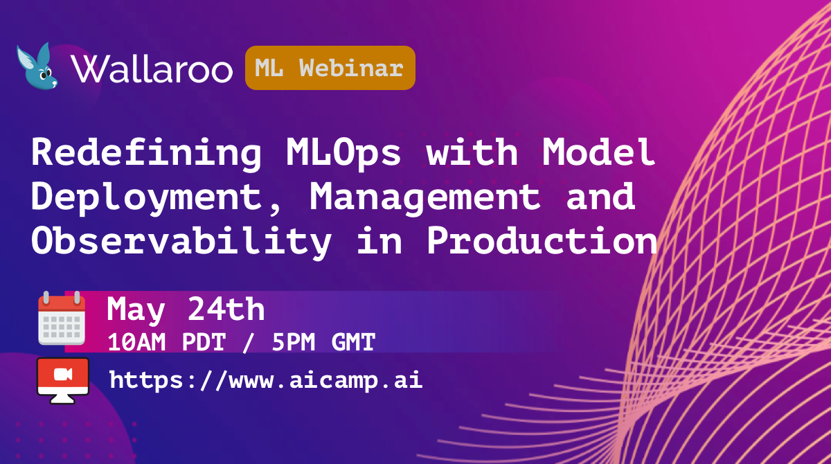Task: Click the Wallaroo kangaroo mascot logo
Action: (x=37, y=66)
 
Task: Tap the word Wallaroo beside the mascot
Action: (x=152, y=69)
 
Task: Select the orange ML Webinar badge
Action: (x=330, y=68)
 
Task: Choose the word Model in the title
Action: (x=598, y=152)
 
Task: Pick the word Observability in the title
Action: (x=181, y=241)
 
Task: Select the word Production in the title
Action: (x=542, y=240)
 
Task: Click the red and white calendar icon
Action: (x=62, y=319)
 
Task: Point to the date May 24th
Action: (x=186, y=310)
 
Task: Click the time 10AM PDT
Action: (x=167, y=342)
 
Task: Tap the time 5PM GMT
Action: (x=323, y=342)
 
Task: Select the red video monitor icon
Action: (x=63, y=381)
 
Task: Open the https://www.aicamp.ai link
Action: (x=266, y=380)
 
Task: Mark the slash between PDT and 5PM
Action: (x=248, y=342)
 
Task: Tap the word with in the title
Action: (x=472, y=152)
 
